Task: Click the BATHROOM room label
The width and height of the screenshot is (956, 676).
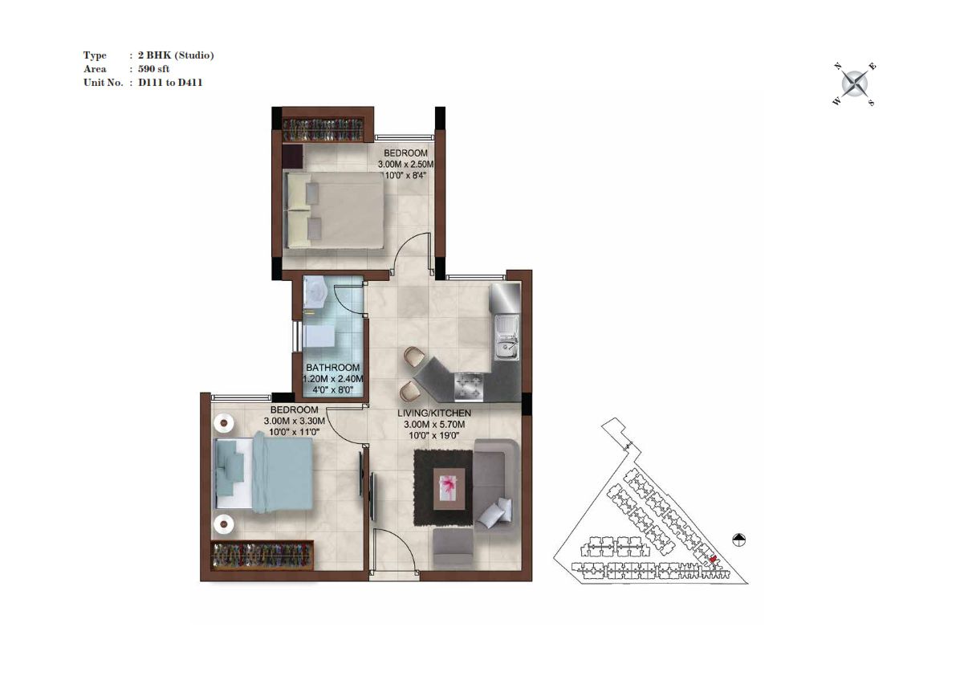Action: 332,368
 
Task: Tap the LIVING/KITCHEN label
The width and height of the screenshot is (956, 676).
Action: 434,413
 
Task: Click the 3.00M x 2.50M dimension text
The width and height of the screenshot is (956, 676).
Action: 405,165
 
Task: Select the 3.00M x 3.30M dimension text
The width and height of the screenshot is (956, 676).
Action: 294,421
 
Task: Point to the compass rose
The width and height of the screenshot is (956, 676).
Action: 855,83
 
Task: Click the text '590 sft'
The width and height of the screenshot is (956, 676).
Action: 153,69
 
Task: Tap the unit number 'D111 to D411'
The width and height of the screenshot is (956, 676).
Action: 170,82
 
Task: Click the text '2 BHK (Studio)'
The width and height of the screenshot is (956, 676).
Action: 176,55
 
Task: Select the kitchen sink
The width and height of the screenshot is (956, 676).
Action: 506,337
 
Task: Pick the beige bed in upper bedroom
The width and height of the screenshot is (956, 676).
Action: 334,210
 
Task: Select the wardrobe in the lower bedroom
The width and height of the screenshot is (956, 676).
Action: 262,556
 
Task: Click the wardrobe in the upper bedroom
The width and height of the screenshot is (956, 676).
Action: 323,130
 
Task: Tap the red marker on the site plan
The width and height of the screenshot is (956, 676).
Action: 713,559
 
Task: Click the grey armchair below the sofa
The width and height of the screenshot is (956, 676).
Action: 454,548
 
